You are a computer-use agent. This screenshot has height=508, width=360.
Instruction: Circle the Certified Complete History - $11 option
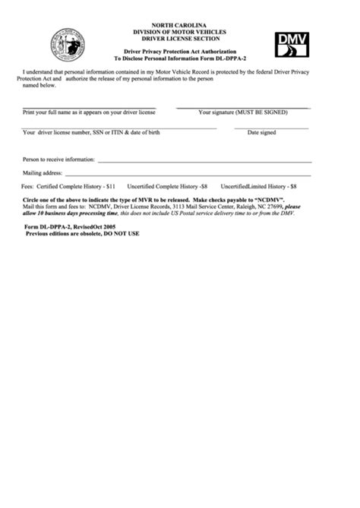click(x=69, y=185)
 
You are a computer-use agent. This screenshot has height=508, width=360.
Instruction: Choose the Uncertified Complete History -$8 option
click(x=167, y=185)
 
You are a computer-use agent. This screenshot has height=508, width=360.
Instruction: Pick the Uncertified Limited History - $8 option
click(x=258, y=185)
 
